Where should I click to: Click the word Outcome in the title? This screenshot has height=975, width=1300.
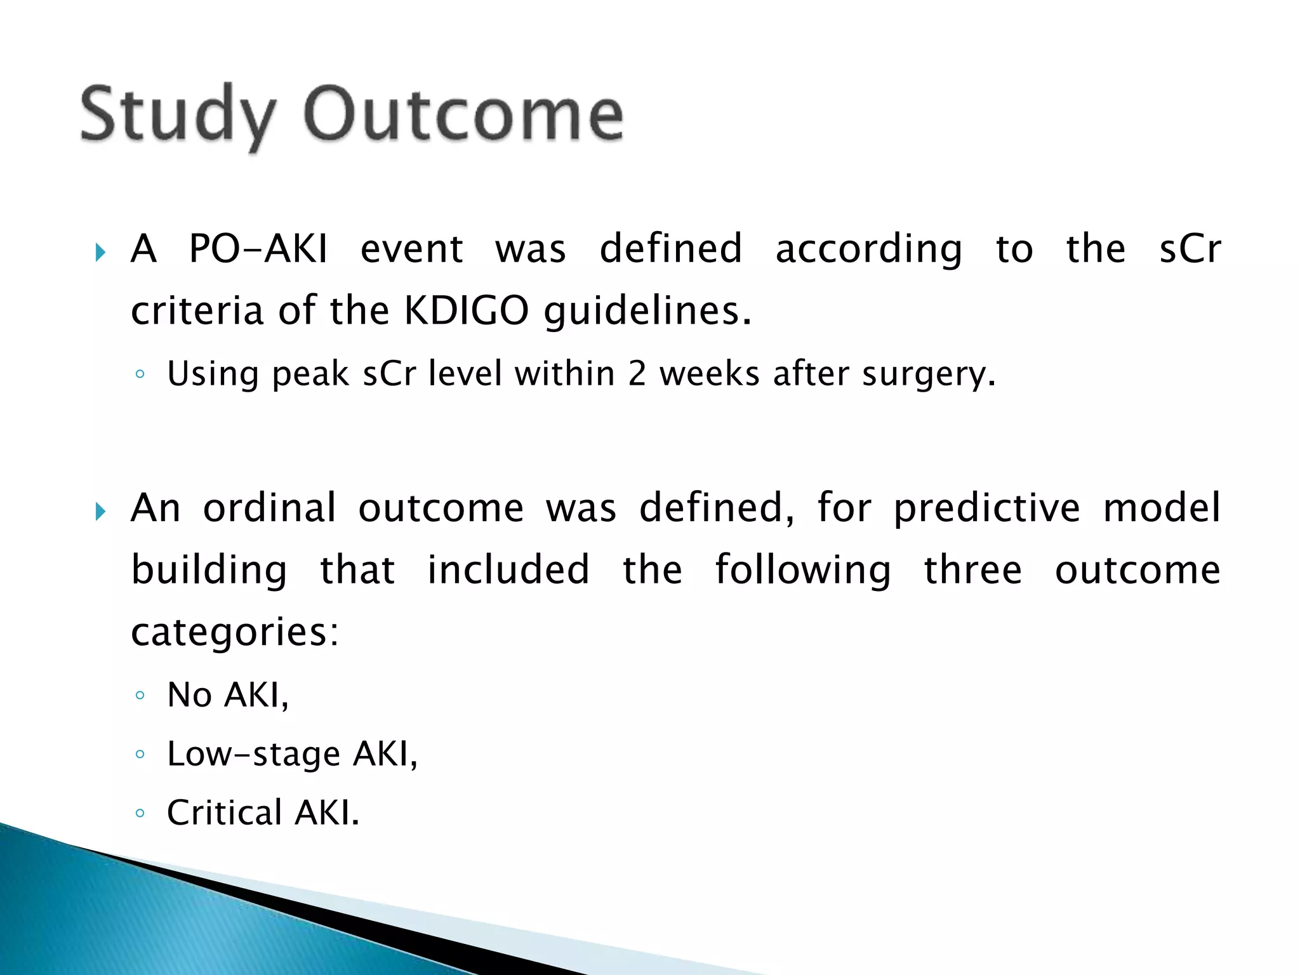(463, 114)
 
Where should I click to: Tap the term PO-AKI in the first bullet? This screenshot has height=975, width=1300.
(258, 248)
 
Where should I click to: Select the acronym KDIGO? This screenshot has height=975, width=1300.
(466, 310)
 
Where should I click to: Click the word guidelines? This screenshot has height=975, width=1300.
(647, 312)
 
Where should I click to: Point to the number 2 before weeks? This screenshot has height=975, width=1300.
(637, 373)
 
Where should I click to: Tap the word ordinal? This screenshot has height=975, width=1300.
(269, 508)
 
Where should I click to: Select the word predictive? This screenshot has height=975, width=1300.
(986, 508)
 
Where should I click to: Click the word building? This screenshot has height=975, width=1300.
(209, 570)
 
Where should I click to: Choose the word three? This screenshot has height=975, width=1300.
(972, 569)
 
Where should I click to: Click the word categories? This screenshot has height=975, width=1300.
(235, 632)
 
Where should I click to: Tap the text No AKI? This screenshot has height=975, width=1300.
(228, 694)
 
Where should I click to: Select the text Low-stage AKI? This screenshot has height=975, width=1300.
(292, 753)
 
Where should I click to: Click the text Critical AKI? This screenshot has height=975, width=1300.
(263, 812)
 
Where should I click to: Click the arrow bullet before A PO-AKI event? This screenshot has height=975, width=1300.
(100, 252)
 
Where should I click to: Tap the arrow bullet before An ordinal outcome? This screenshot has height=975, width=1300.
(100, 511)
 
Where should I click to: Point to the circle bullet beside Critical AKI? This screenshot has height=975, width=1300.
(140, 813)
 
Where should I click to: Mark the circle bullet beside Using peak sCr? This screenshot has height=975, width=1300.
(140, 374)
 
